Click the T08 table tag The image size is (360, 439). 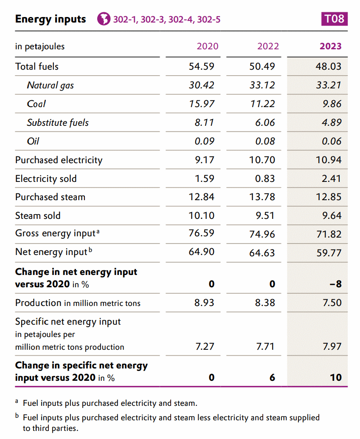(x=334, y=19)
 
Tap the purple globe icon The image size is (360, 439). (x=104, y=19)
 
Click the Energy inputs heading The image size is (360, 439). (x=51, y=19)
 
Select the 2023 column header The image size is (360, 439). (x=331, y=46)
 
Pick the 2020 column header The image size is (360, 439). (x=208, y=46)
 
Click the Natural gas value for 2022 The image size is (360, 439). (x=262, y=85)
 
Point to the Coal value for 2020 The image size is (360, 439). (x=201, y=104)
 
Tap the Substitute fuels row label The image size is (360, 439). (x=58, y=123)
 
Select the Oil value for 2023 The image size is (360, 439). (x=332, y=141)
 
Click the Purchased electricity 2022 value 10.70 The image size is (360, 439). (x=262, y=160)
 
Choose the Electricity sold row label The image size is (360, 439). (x=46, y=178)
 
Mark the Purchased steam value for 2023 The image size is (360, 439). (x=329, y=197)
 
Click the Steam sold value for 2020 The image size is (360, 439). (x=201, y=215)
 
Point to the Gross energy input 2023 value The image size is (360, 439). (x=329, y=234)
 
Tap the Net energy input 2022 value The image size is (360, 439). (x=262, y=253)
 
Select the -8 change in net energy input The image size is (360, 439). (x=336, y=284)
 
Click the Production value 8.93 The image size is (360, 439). (x=204, y=303)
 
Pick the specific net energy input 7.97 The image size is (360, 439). (x=332, y=346)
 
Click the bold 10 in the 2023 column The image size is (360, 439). (x=336, y=377)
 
